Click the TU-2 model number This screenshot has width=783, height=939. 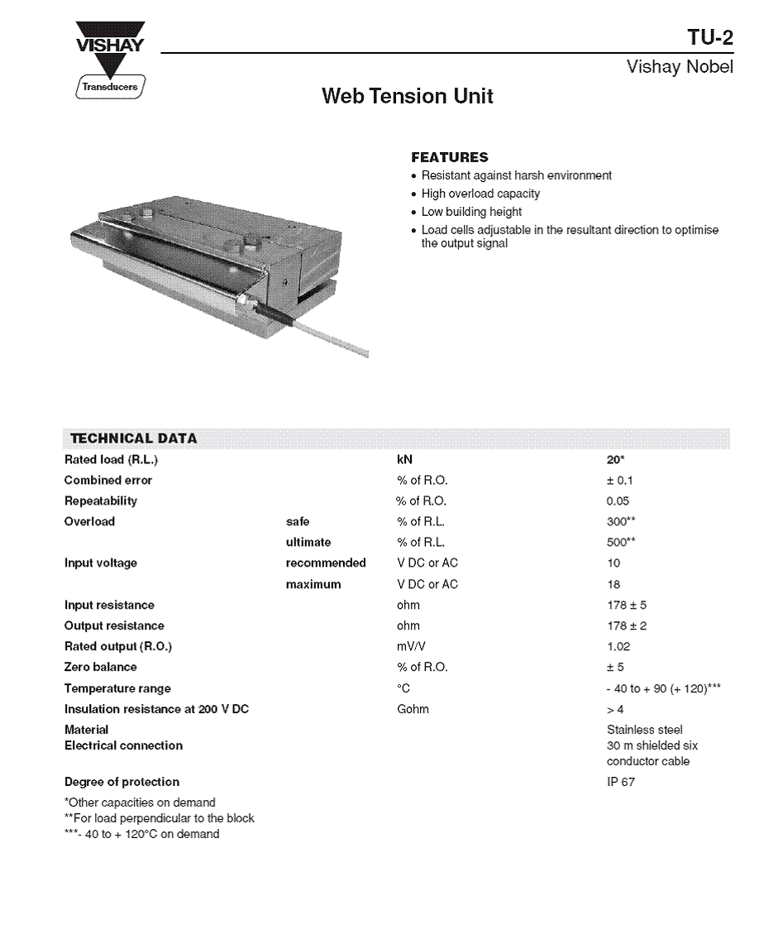(x=709, y=38)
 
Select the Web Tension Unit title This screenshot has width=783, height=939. (x=407, y=97)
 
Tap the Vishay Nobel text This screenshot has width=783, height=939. (x=680, y=67)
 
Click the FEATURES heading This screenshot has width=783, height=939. (x=450, y=157)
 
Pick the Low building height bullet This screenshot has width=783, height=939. (x=471, y=212)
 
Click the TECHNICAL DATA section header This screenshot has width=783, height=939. (x=134, y=438)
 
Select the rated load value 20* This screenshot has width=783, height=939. (x=615, y=459)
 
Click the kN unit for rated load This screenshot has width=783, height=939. (x=404, y=459)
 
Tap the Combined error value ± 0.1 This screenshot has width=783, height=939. (x=620, y=480)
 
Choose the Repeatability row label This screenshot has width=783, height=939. (x=101, y=501)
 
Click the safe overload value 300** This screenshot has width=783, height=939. (x=621, y=521)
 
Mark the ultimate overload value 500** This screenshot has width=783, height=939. (x=621, y=543)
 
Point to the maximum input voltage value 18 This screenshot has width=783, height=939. (x=614, y=584)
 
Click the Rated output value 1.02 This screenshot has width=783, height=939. (x=618, y=646)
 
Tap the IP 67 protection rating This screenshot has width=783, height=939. (x=621, y=782)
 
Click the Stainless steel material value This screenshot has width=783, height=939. (x=645, y=730)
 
